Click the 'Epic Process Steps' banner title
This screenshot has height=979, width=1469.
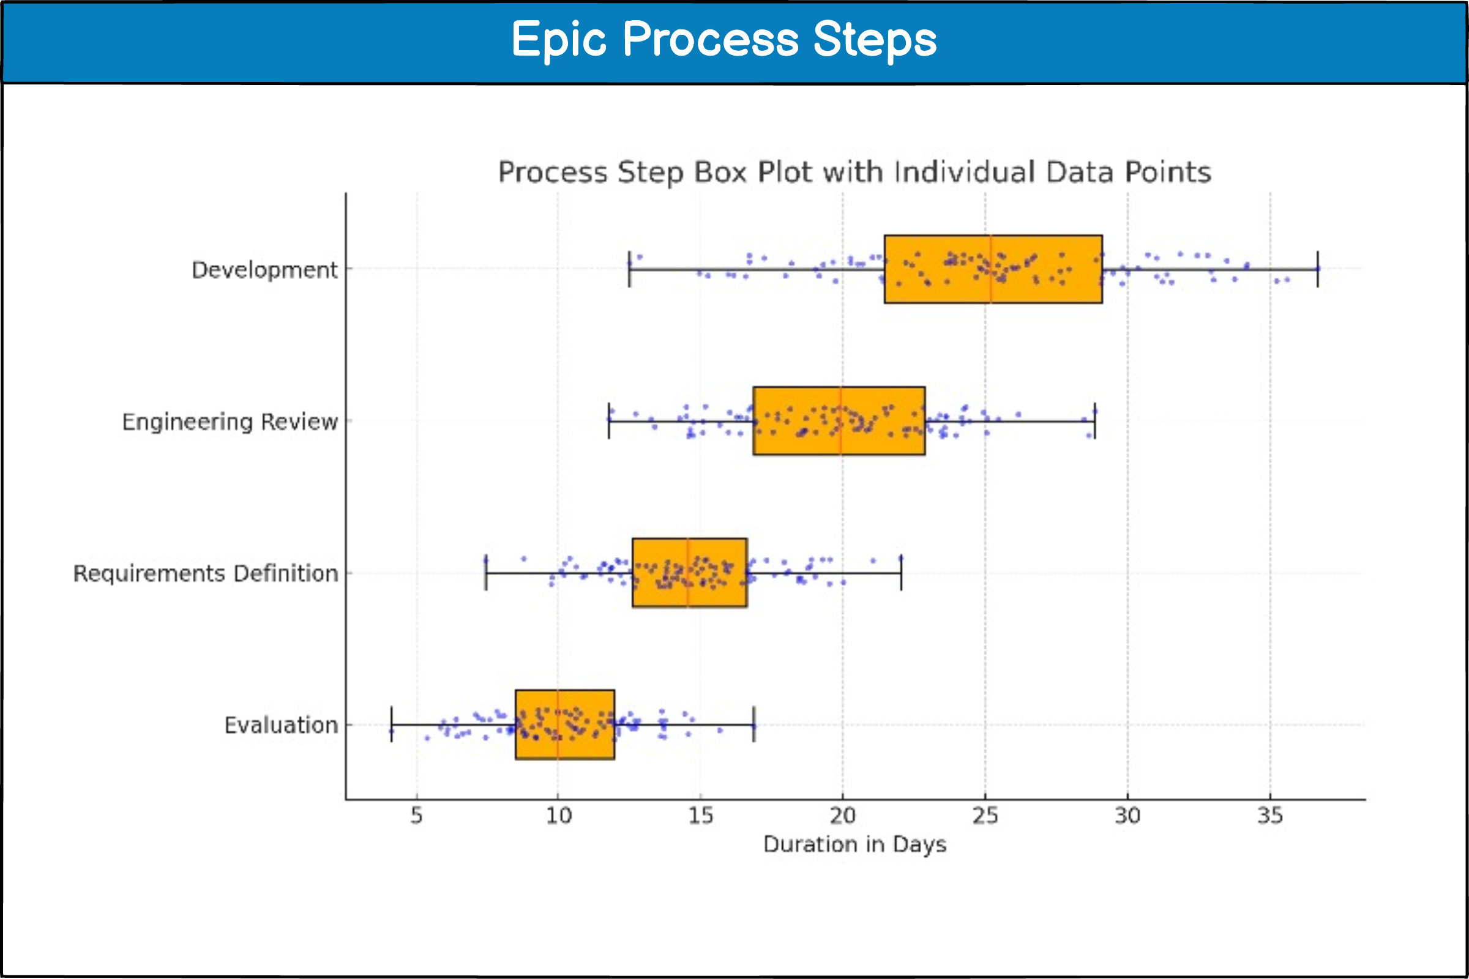click(x=724, y=39)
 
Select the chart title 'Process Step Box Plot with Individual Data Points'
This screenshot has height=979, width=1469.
click(x=854, y=173)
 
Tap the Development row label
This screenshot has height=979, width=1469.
click(x=264, y=270)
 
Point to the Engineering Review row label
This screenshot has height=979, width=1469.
click(x=230, y=422)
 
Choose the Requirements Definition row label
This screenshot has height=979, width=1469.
click(x=206, y=573)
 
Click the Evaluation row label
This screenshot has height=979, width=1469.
click(x=281, y=725)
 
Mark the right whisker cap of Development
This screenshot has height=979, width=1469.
click(x=1318, y=269)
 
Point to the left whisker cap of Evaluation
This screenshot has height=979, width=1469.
click(x=392, y=724)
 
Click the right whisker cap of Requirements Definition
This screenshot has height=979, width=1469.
click(x=901, y=573)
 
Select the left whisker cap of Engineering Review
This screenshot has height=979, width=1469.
click(x=609, y=421)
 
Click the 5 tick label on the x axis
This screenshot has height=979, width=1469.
click(x=417, y=816)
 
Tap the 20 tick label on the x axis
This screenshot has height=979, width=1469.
click(x=843, y=816)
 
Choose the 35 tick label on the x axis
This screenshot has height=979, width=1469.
click(x=1269, y=816)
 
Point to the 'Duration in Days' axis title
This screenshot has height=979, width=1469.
click(x=854, y=844)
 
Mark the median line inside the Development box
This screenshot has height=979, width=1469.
click(x=990, y=269)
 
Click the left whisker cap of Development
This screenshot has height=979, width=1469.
click(x=630, y=269)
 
